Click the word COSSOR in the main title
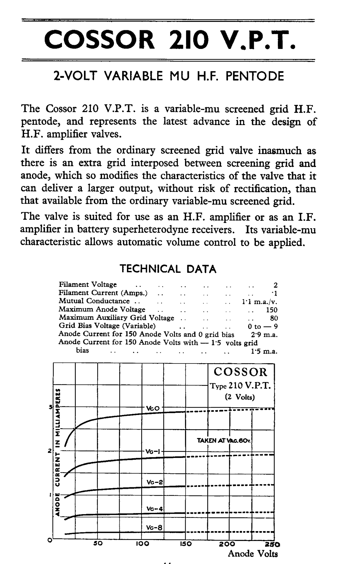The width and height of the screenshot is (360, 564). pos(99,40)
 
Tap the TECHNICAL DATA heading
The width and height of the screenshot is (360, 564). pos(168,269)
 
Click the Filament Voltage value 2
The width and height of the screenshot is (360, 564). pos(275,285)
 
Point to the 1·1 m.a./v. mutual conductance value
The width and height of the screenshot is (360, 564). pos(260,302)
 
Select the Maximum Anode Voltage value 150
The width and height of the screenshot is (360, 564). pos(272,310)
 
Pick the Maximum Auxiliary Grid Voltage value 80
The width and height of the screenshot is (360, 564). pos(274,318)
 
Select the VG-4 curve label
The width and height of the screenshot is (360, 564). pos(154,509)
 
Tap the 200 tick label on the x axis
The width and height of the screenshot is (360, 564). pos(227,544)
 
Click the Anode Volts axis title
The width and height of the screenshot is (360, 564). pos(253,554)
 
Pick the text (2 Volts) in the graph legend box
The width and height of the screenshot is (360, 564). pos(240,397)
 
